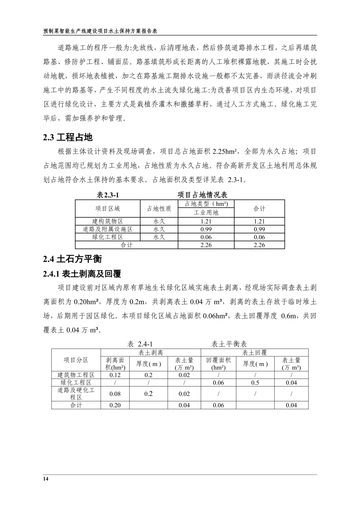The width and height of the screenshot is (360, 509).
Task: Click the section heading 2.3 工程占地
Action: point(67,137)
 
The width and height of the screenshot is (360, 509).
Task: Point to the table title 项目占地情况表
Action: point(203,195)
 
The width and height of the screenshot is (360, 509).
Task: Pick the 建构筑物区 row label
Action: point(107,221)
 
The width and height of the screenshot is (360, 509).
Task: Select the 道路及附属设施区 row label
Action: point(107,229)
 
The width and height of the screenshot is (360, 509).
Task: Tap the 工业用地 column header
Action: point(206,212)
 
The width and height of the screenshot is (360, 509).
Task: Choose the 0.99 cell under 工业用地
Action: point(206,229)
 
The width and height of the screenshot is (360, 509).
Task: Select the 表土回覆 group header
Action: point(255,352)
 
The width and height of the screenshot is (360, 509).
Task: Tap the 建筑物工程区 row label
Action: point(76,375)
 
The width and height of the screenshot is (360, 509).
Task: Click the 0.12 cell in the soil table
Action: point(115,375)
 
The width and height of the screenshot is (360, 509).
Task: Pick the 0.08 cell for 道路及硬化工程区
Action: point(115,394)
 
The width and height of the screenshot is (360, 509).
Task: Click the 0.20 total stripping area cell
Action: point(115,405)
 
